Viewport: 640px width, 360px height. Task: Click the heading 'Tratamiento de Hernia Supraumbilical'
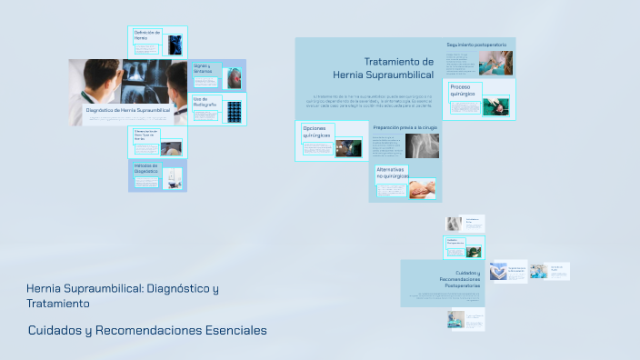click(x=384, y=68)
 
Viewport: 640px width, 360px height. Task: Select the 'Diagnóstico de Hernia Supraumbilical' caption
click(x=127, y=109)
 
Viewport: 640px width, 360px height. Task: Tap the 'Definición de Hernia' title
click(x=146, y=35)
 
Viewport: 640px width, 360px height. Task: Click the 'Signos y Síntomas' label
click(x=202, y=68)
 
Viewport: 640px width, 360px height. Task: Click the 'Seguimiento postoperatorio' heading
click(x=478, y=44)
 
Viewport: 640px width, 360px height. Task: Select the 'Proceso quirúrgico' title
click(x=463, y=91)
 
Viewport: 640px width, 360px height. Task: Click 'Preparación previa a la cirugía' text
click(x=405, y=128)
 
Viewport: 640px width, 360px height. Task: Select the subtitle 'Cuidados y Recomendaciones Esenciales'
click(x=147, y=330)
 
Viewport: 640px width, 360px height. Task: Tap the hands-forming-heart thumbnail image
click(x=498, y=271)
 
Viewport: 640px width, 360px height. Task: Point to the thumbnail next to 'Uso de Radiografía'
click(x=234, y=111)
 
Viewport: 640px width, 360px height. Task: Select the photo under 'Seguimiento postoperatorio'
click(x=495, y=63)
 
